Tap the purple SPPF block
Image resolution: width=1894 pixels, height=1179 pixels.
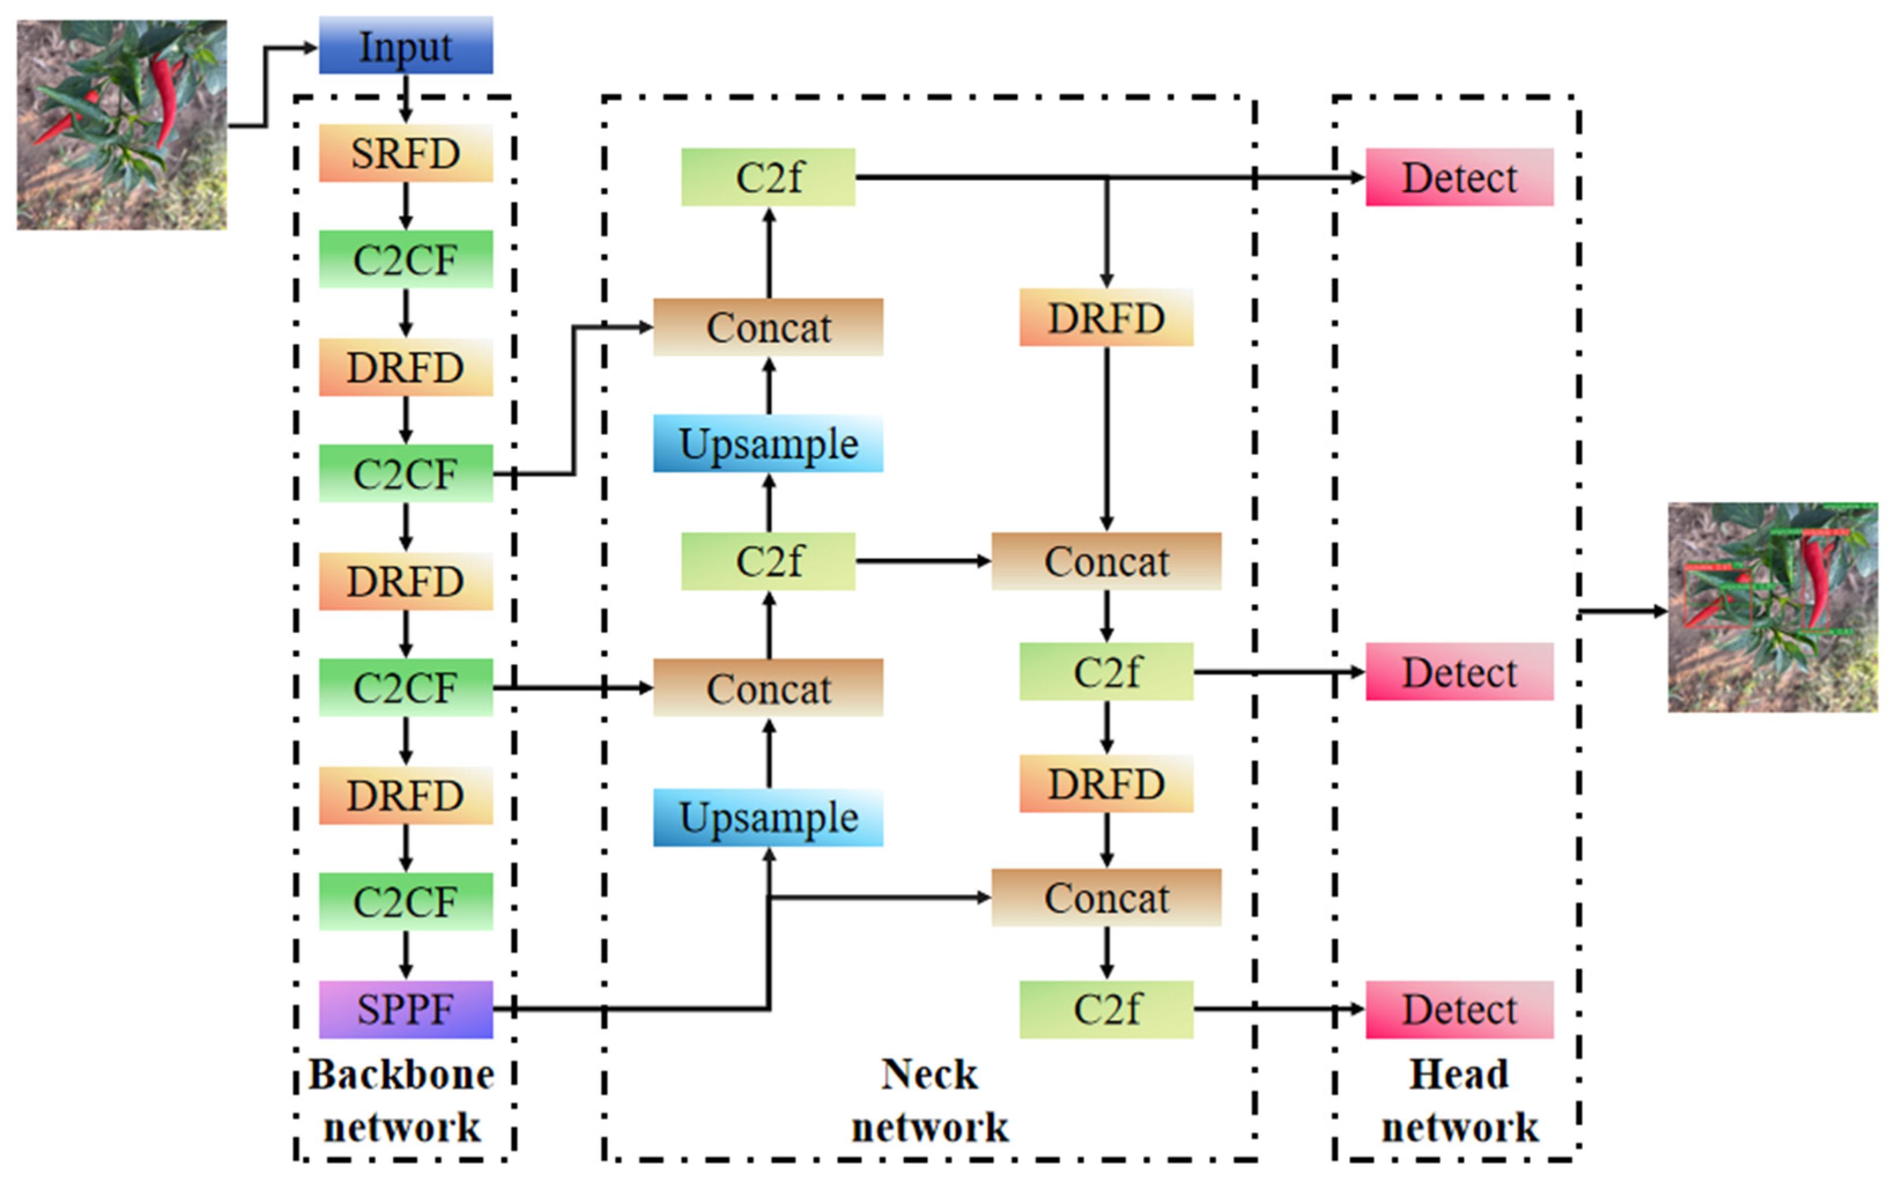406,1009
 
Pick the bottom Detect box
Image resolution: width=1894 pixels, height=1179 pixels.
1459,1009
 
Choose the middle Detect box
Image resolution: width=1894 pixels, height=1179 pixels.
1459,672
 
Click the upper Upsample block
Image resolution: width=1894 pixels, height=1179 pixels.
768,444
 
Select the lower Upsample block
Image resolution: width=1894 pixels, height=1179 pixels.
768,817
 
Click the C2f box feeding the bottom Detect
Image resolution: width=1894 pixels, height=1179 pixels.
1106,1009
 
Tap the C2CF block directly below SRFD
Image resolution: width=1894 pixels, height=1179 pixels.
406,259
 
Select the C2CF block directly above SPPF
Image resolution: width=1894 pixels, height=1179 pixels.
406,902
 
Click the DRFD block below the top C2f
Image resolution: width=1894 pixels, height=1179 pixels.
1106,317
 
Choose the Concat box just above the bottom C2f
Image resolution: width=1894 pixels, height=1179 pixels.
1106,898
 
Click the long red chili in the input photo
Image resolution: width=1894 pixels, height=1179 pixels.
165,98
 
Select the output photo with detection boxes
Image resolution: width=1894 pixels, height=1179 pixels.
1773,607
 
